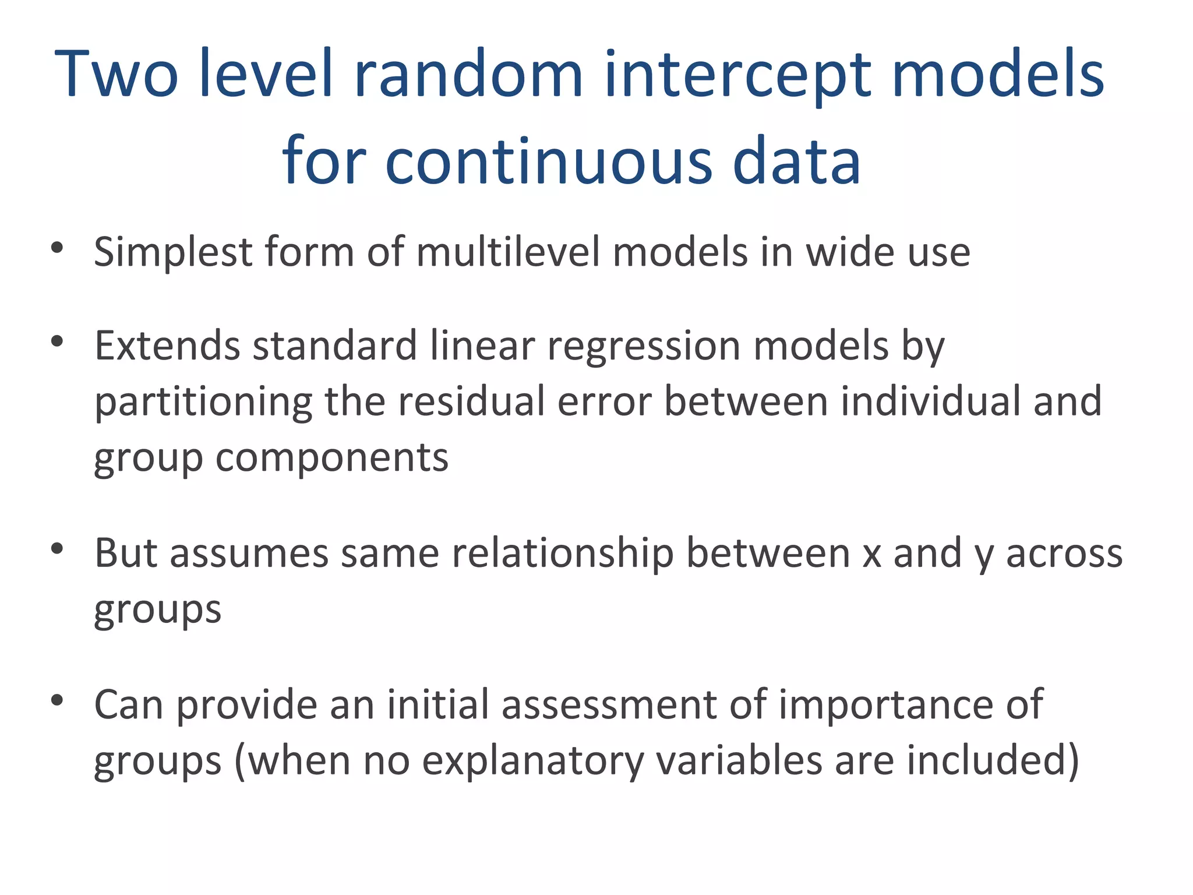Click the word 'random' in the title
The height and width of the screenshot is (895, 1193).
pos(468,75)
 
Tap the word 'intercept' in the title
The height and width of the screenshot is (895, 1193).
pos(737,75)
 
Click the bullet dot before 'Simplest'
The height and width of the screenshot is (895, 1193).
pos(57,248)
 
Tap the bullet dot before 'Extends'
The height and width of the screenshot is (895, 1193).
pos(57,341)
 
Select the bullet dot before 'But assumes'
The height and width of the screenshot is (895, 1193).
pos(57,549)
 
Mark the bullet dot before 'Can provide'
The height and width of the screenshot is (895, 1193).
pos(57,700)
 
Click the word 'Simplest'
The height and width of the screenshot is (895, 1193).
pos(173,253)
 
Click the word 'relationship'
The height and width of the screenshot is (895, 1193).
pos(563,554)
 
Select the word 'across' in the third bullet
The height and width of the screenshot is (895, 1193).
pos(1064,554)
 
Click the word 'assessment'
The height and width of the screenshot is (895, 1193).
pos(609,705)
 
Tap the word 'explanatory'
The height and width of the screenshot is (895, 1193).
pos(532,761)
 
